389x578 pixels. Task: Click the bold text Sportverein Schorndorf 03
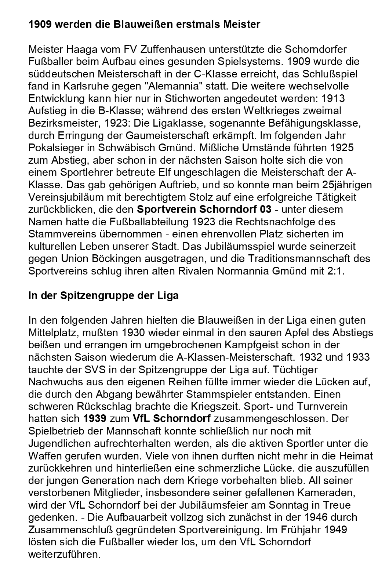tap(204, 210)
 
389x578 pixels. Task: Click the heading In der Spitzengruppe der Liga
tap(103, 296)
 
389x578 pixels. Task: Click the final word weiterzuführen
tap(64, 554)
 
